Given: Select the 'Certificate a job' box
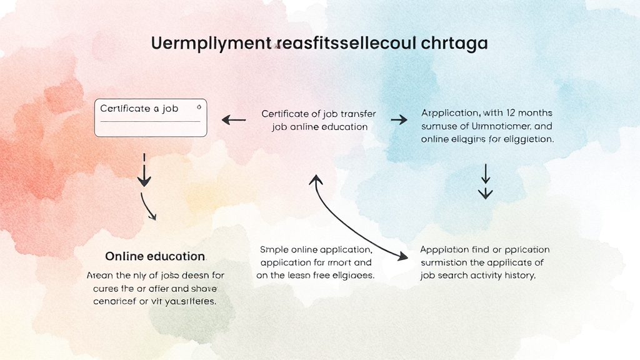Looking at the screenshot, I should tap(150, 117).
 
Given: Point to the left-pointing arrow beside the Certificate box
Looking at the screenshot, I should tap(234, 119).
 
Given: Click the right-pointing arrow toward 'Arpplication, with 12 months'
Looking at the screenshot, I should tap(399, 119).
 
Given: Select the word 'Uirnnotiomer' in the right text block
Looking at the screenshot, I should tap(500, 126).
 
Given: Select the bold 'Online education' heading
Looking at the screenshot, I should tap(155, 256).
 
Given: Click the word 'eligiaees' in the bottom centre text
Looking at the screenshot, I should tap(350, 275).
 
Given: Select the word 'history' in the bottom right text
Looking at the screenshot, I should tap(519, 275).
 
